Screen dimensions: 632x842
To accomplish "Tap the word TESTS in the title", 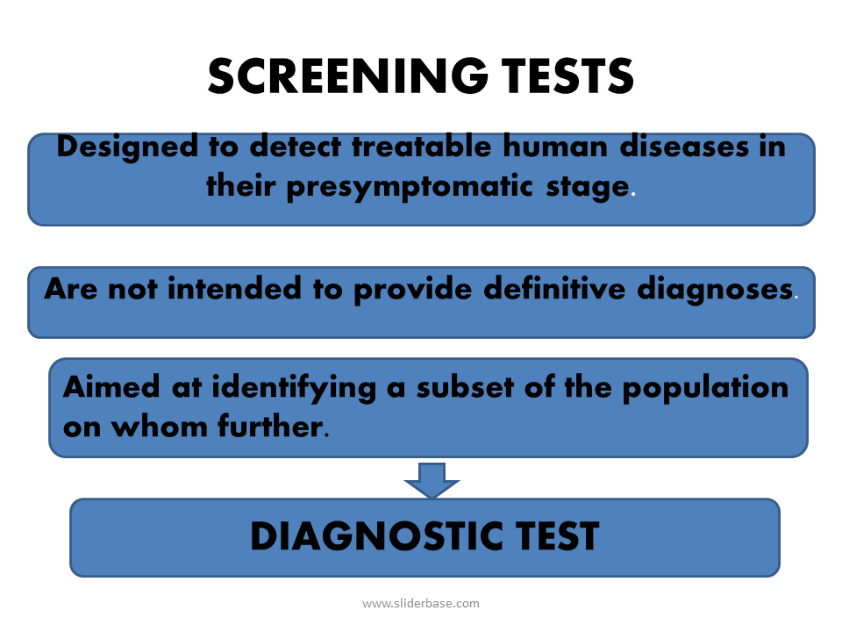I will click(560, 76).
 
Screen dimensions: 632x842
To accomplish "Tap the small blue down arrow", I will click(432, 479).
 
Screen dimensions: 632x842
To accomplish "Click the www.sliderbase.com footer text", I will click(421, 603).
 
